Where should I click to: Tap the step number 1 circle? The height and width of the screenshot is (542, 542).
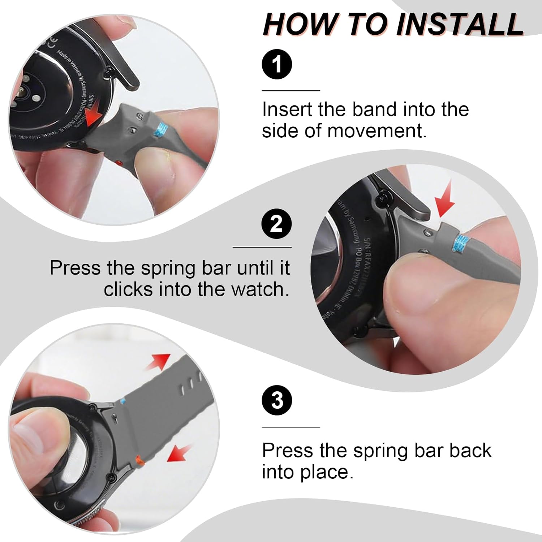277,64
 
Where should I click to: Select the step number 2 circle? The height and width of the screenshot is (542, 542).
276,224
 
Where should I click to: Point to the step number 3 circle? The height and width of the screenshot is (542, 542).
277,400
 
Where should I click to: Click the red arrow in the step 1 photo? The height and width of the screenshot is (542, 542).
93,116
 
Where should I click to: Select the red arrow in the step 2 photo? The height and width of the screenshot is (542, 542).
445,202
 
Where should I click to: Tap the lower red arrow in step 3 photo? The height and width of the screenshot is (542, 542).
179,453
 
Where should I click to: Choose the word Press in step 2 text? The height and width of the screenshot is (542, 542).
75,268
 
